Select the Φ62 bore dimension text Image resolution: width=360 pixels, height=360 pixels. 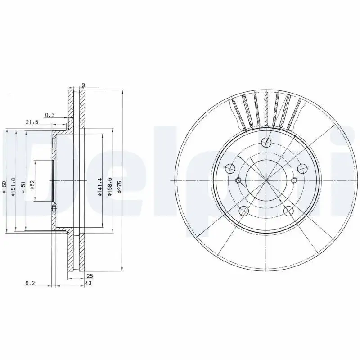pyautogui.click(x=32, y=184)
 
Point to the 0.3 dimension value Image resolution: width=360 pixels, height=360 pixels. pyautogui.click(x=49, y=115)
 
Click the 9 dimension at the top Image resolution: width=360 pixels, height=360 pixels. pyautogui.click(x=84, y=85)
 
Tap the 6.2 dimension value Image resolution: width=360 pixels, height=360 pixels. pyautogui.click(x=30, y=283)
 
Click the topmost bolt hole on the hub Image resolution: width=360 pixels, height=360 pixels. pyautogui.click(x=267, y=142)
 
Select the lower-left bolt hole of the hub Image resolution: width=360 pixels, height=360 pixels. pyautogui.click(x=244, y=210)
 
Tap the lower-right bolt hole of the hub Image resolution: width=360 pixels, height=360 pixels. pyautogui.click(x=289, y=211)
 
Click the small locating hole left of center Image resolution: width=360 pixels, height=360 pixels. pyautogui.click(x=238, y=181)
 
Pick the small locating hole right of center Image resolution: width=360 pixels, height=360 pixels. pyautogui.click(x=294, y=181)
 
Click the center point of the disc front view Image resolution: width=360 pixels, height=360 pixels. pyautogui.click(x=266, y=181)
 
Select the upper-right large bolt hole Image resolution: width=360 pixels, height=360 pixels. pyautogui.click(x=303, y=169)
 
